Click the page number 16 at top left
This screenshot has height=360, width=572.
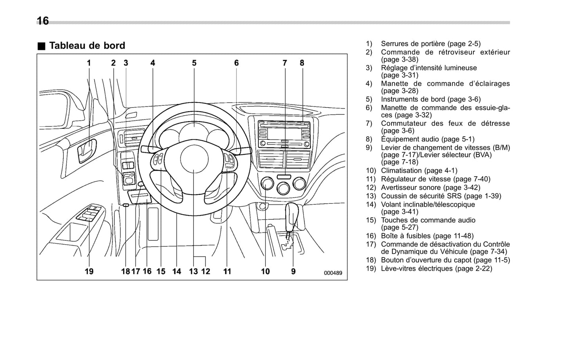(x=43, y=21)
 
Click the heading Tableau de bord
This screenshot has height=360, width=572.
(x=87, y=46)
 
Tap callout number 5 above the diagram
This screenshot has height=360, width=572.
(x=194, y=63)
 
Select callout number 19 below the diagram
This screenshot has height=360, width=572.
(x=89, y=271)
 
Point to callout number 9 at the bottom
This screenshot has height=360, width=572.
(x=293, y=271)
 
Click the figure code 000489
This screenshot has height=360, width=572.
(x=333, y=273)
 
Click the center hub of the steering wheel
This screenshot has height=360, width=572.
(x=194, y=158)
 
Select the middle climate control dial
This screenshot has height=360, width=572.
(x=283, y=188)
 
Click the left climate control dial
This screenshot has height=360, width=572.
(x=267, y=184)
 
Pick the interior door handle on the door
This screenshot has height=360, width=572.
(x=87, y=151)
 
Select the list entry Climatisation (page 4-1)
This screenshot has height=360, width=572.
(x=419, y=171)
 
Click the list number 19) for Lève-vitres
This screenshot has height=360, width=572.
(x=370, y=269)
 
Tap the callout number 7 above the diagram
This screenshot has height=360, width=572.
(x=285, y=63)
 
